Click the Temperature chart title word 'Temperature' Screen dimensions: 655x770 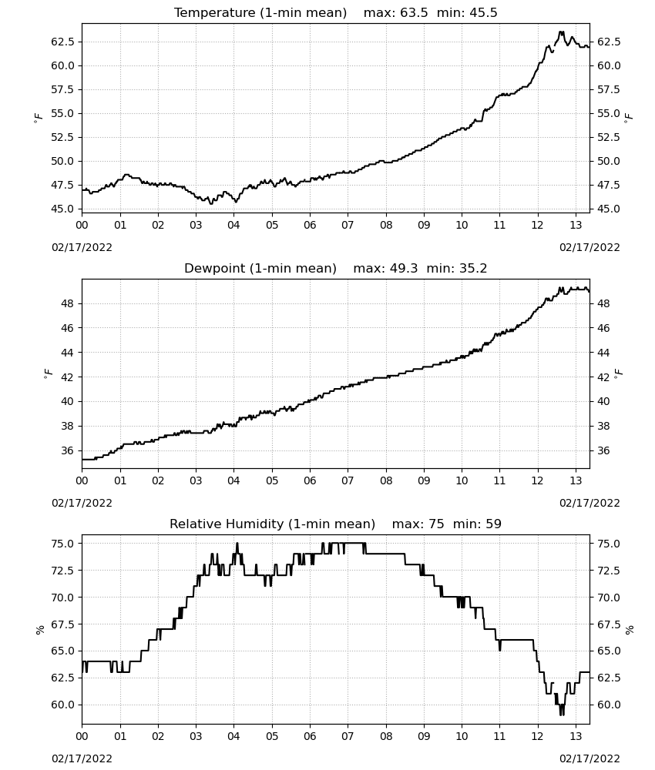pyautogui.click(x=215, y=13)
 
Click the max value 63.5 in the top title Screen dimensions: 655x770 pyautogui.click(x=414, y=13)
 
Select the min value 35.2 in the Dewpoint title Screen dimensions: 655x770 pyautogui.click(x=472, y=268)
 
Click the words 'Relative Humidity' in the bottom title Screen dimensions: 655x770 pyautogui.click(x=227, y=524)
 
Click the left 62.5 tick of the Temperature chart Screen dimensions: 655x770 pyautogui.click(x=63, y=42)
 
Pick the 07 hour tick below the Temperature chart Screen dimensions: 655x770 pyautogui.click(x=348, y=225)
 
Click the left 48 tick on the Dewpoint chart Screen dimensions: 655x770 pyautogui.click(x=67, y=303)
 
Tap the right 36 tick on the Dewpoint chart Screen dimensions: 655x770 pyautogui.click(x=603, y=450)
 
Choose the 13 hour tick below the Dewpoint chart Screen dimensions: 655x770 pyautogui.click(x=576, y=480)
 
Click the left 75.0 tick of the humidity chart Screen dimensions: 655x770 pyautogui.click(x=63, y=544)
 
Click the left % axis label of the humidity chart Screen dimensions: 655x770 pyautogui.click(x=40, y=629)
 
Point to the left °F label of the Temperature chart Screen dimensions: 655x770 pyautogui.click(x=39, y=117)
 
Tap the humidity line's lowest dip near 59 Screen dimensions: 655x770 pyautogui.click(x=562, y=714)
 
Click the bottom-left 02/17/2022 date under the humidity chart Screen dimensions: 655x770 pyautogui.click(x=82, y=758)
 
